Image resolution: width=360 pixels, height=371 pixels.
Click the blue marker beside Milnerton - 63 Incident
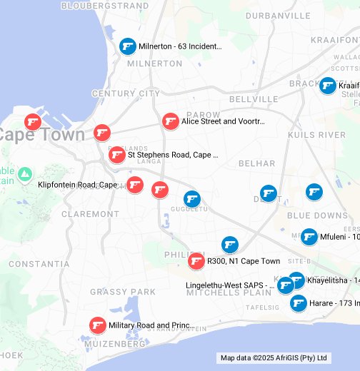tap(128, 46)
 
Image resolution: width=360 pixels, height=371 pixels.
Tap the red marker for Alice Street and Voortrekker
tap(170, 121)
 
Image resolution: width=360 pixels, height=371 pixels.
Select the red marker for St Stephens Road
tap(117, 154)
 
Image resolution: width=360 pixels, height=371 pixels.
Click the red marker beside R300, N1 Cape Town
tap(196, 261)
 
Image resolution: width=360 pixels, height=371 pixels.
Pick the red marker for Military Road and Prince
tap(98, 325)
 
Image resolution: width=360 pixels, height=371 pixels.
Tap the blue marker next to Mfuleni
tap(309, 236)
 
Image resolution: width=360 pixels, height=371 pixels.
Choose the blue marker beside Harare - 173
tap(299, 303)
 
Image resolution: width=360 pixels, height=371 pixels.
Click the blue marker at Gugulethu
tap(192, 198)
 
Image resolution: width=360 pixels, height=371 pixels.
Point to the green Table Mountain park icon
tap(25, 174)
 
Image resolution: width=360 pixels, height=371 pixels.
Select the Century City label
tap(126, 93)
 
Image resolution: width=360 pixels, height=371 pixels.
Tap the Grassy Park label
tap(123, 292)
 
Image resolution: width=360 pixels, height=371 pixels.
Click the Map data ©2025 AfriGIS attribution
tap(274, 358)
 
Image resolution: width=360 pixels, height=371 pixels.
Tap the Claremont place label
tap(91, 214)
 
